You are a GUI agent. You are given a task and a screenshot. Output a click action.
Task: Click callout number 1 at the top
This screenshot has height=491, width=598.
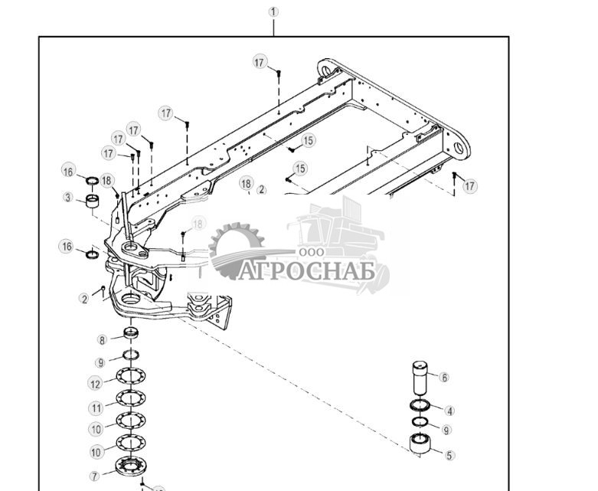pyautogui.click(x=273, y=11)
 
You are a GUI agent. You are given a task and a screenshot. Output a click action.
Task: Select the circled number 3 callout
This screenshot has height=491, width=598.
pyautogui.click(x=69, y=198)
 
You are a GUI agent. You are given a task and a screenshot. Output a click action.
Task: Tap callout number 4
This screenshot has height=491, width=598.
pyautogui.click(x=449, y=411)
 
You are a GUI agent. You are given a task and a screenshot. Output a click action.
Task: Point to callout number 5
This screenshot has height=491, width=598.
pyautogui.click(x=449, y=455)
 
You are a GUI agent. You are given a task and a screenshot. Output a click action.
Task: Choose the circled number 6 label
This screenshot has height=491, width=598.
pyautogui.click(x=443, y=377)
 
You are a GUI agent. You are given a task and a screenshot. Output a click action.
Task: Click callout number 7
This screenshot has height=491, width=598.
pyautogui.click(x=95, y=476)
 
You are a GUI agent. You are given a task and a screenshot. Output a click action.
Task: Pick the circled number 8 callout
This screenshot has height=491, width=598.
pyautogui.click(x=102, y=340)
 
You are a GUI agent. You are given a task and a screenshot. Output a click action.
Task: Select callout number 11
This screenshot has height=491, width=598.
pyautogui.click(x=96, y=408)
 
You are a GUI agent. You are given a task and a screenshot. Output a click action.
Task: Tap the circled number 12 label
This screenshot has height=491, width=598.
pyautogui.click(x=96, y=384)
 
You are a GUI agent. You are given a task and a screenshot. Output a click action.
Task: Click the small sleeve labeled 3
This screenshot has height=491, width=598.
pyautogui.click(x=93, y=202)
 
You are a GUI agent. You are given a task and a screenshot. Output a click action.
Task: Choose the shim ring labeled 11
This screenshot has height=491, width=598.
pyautogui.click(x=130, y=398)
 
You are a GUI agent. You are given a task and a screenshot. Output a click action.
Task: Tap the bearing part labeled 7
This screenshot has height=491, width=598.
pyautogui.click(x=130, y=466)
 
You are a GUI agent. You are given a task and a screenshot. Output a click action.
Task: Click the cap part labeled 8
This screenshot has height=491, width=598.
pyautogui.click(x=132, y=334)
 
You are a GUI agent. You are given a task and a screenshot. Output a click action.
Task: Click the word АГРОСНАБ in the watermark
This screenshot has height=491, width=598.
pyautogui.click(x=313, y=272)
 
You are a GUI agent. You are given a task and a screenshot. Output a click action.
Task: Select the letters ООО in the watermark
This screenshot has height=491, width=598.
pyautogui.click(x=312, y=253)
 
